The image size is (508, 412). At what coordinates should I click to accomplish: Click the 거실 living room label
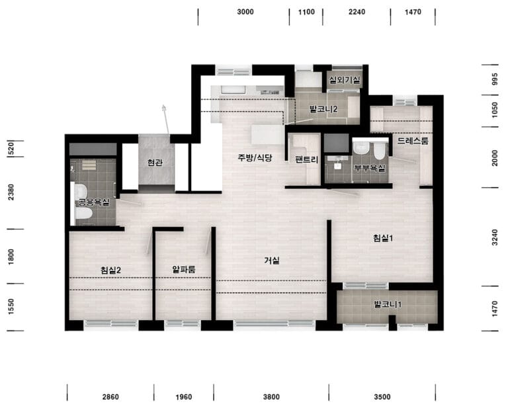[271, 261]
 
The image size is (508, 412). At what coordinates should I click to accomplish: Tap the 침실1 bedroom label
[382, 238]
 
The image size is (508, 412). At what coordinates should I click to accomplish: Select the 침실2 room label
[111, 270]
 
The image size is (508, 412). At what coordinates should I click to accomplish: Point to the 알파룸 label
[184, 269]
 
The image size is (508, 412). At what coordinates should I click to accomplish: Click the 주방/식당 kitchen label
[255, 158]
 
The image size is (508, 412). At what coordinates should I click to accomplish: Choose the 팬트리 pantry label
[307, 159]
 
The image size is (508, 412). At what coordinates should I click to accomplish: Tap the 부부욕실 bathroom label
[370, 169]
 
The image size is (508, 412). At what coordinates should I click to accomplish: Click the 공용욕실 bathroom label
[94, 203]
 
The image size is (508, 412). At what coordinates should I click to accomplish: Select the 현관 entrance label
[155, 162]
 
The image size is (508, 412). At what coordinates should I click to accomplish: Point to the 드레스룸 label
[413, 141]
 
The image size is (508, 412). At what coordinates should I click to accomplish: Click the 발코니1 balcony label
[388, 304]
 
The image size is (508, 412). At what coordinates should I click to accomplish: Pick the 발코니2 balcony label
[323, 109]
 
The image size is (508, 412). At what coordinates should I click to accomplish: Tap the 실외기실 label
[345, 80]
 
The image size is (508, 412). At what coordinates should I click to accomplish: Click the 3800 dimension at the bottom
[271, 397]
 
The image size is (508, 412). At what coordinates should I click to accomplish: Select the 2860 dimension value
[110, 397]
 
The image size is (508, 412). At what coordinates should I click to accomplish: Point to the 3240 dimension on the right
[495, 237]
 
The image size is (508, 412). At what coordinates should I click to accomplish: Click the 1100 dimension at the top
[306, 12]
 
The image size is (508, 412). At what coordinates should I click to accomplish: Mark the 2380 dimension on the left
[11, 192]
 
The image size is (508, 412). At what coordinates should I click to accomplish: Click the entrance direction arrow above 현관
[166, 119]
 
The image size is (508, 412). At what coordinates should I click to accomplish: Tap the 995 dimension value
[495, 79]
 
